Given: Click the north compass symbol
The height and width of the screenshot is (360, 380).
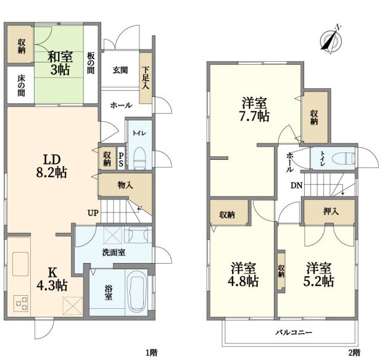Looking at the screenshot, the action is [x=331, y=40].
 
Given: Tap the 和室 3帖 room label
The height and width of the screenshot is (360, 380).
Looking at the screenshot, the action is [x=60, y=63].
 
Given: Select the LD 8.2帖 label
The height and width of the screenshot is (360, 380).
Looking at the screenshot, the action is [x=51, y=166].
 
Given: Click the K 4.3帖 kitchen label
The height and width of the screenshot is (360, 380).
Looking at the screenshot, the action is [x=52, y=279].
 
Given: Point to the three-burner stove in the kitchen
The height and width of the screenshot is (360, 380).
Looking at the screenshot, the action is [x=21, y=303].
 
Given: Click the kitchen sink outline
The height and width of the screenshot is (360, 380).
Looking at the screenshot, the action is [x=20, y=264].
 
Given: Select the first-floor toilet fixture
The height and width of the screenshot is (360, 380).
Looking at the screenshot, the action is [x=139, y=158].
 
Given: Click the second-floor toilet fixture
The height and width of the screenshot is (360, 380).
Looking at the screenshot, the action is [x=344, y=159].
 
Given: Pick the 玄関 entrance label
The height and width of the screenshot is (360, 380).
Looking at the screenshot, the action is [x=120, y=70].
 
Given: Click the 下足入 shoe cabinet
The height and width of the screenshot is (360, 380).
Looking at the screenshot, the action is [x=146, y=78].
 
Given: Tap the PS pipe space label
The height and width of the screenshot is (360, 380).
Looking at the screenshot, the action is [x=121, y=159].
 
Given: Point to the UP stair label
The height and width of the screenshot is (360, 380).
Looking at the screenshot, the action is [x=93, y=213].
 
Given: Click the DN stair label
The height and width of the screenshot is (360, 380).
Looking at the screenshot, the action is [x=297, y=186].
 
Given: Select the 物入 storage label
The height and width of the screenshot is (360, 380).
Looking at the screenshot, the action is [x=125, y=185].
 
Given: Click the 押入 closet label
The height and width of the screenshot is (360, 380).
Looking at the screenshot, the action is [x=331, y=212].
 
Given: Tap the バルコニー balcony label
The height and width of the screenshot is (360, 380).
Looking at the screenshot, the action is [x=294, y=332].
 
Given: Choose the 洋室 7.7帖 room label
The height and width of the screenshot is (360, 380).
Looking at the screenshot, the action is [x=254, y=109].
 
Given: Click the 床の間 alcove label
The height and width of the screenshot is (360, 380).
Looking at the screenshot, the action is [x=21, y=86].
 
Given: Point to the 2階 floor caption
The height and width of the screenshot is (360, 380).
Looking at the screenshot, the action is [x=354, y=352].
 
